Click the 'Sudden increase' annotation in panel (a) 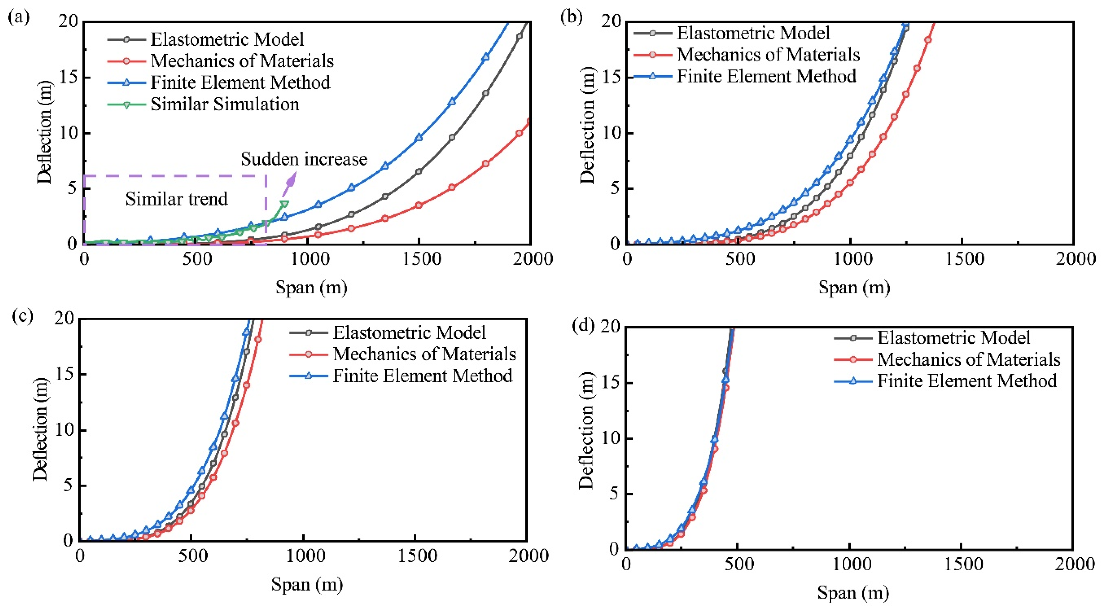click(304, 159)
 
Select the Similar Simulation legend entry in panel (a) click(224, 104)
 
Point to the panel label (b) click(571, 17)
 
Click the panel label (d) click(583, 325)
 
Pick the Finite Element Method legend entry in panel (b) click(766, 76)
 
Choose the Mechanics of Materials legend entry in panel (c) click(424, 354)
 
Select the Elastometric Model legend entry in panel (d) click(953, 338)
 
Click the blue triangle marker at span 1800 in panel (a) click(486, 57)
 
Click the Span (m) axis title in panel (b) click(854, 287)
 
